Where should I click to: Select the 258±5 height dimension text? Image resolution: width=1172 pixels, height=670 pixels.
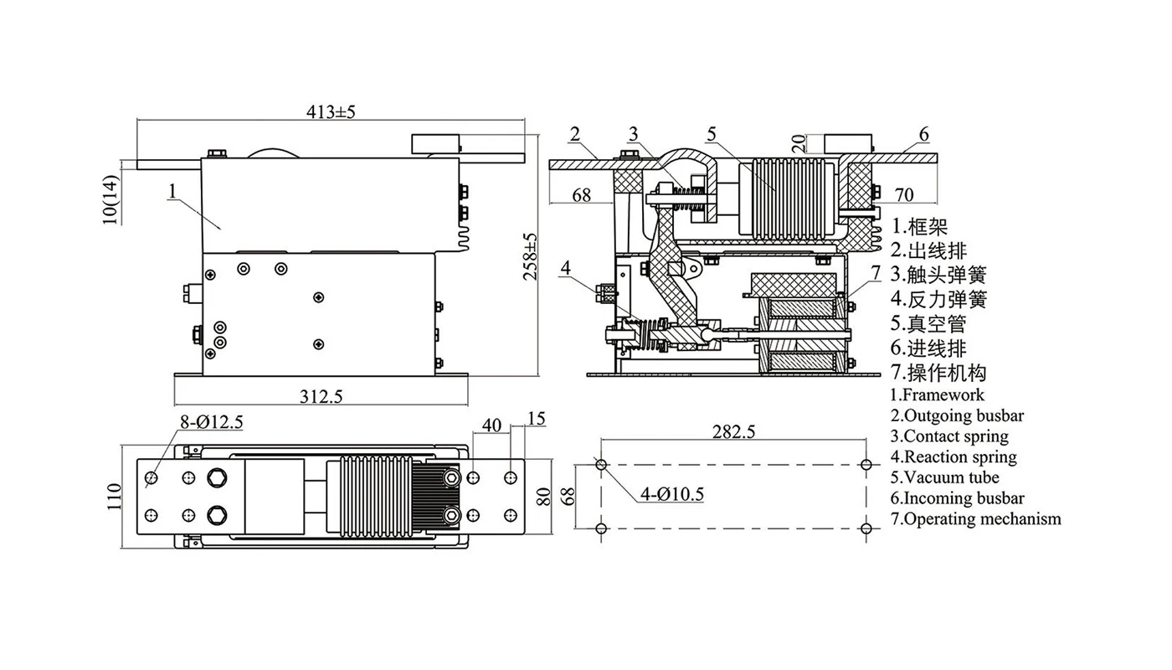coord(531,256)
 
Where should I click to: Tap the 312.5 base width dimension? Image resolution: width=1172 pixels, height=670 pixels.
coord(321,396)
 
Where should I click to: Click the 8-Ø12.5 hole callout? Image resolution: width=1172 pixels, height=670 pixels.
coord(212,423)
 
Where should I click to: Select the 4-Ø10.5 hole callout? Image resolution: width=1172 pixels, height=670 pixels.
coord(671,494)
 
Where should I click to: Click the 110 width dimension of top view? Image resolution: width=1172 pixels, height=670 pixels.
coord(115,497)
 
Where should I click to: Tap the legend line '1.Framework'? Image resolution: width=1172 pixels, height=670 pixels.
coord(937,394)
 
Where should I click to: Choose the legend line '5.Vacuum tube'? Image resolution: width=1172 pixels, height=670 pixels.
coord(944,477)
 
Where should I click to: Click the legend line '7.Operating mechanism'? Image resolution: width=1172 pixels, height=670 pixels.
coord(975,518)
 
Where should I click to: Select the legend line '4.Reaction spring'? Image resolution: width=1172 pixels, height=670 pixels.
coord(953,456)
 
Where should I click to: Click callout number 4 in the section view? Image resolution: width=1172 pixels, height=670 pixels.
coord(566,268)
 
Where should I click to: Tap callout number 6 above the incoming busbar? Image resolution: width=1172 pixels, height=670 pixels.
coord(923,134)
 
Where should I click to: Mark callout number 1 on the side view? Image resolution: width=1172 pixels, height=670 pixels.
coord(171,192)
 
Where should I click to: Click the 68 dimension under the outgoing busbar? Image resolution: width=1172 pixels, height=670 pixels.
coord(582,195)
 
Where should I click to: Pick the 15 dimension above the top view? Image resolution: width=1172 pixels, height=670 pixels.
coord(537,418)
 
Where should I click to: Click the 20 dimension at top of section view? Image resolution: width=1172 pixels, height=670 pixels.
coord(798,144)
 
